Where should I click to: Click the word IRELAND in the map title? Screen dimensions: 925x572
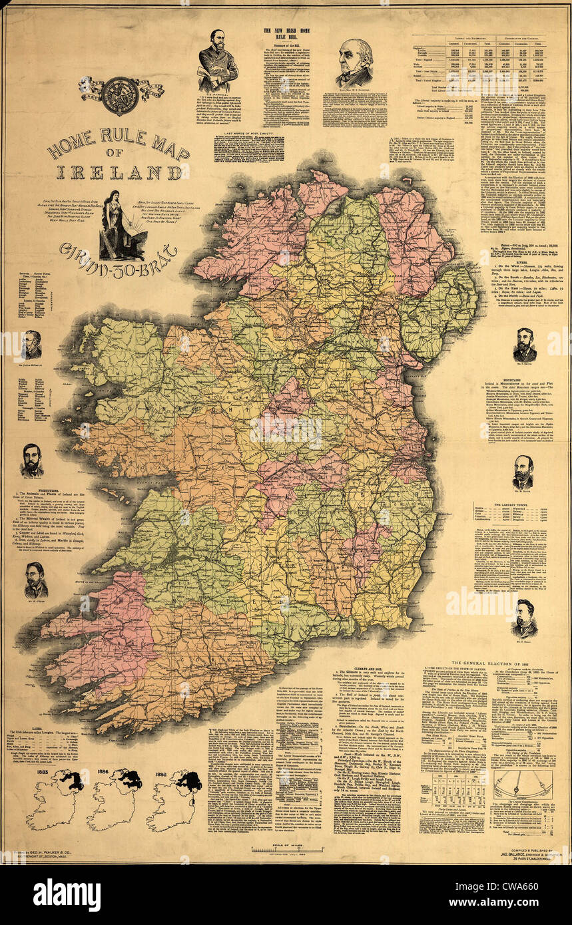(119, 172)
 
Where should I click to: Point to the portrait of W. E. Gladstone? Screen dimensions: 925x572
(354, 63)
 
